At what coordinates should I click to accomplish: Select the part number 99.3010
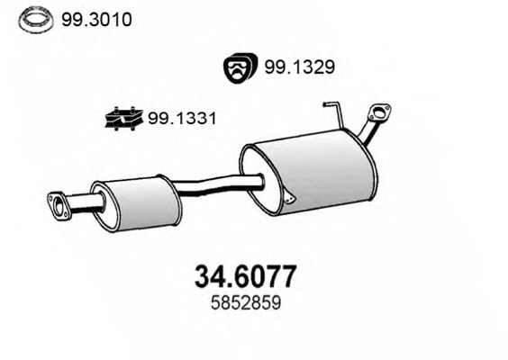click(x=95, y=18)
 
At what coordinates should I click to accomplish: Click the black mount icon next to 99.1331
click(x=122, y=117)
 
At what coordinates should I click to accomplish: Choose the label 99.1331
click(x=183, y=117)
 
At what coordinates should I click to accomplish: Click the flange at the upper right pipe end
click(x=379, y=115)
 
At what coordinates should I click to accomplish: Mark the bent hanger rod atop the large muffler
click(x=334, y=115)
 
